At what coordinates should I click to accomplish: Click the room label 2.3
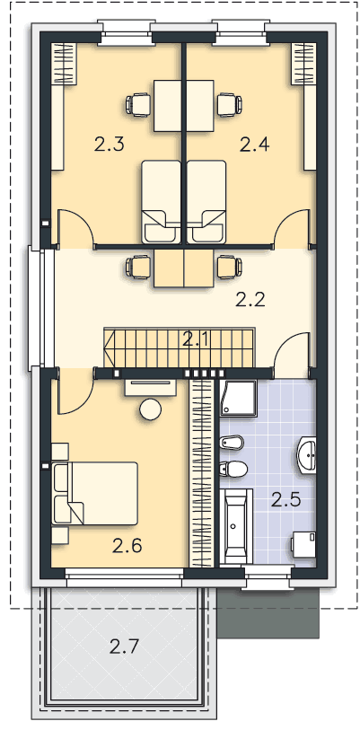(109, 145)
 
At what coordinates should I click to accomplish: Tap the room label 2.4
(255, 145)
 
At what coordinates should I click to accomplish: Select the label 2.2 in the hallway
(250, 300)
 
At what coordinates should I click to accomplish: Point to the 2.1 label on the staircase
(197, 341)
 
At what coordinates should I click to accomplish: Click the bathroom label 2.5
(286, 500)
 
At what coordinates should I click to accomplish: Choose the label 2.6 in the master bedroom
(127, 546)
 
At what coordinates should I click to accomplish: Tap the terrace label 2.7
(125, 646)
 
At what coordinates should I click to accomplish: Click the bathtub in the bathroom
(236, 526)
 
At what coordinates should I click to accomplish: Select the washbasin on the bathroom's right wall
(306, 455)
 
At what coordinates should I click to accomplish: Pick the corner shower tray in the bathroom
(239, 398)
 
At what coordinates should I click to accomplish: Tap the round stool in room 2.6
(151, 409)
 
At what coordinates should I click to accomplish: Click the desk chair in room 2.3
(138, 104)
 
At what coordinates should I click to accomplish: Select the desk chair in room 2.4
(230, 104)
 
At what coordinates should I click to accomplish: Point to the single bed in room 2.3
(161, 202)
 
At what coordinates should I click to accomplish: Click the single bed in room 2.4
(206, 202)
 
